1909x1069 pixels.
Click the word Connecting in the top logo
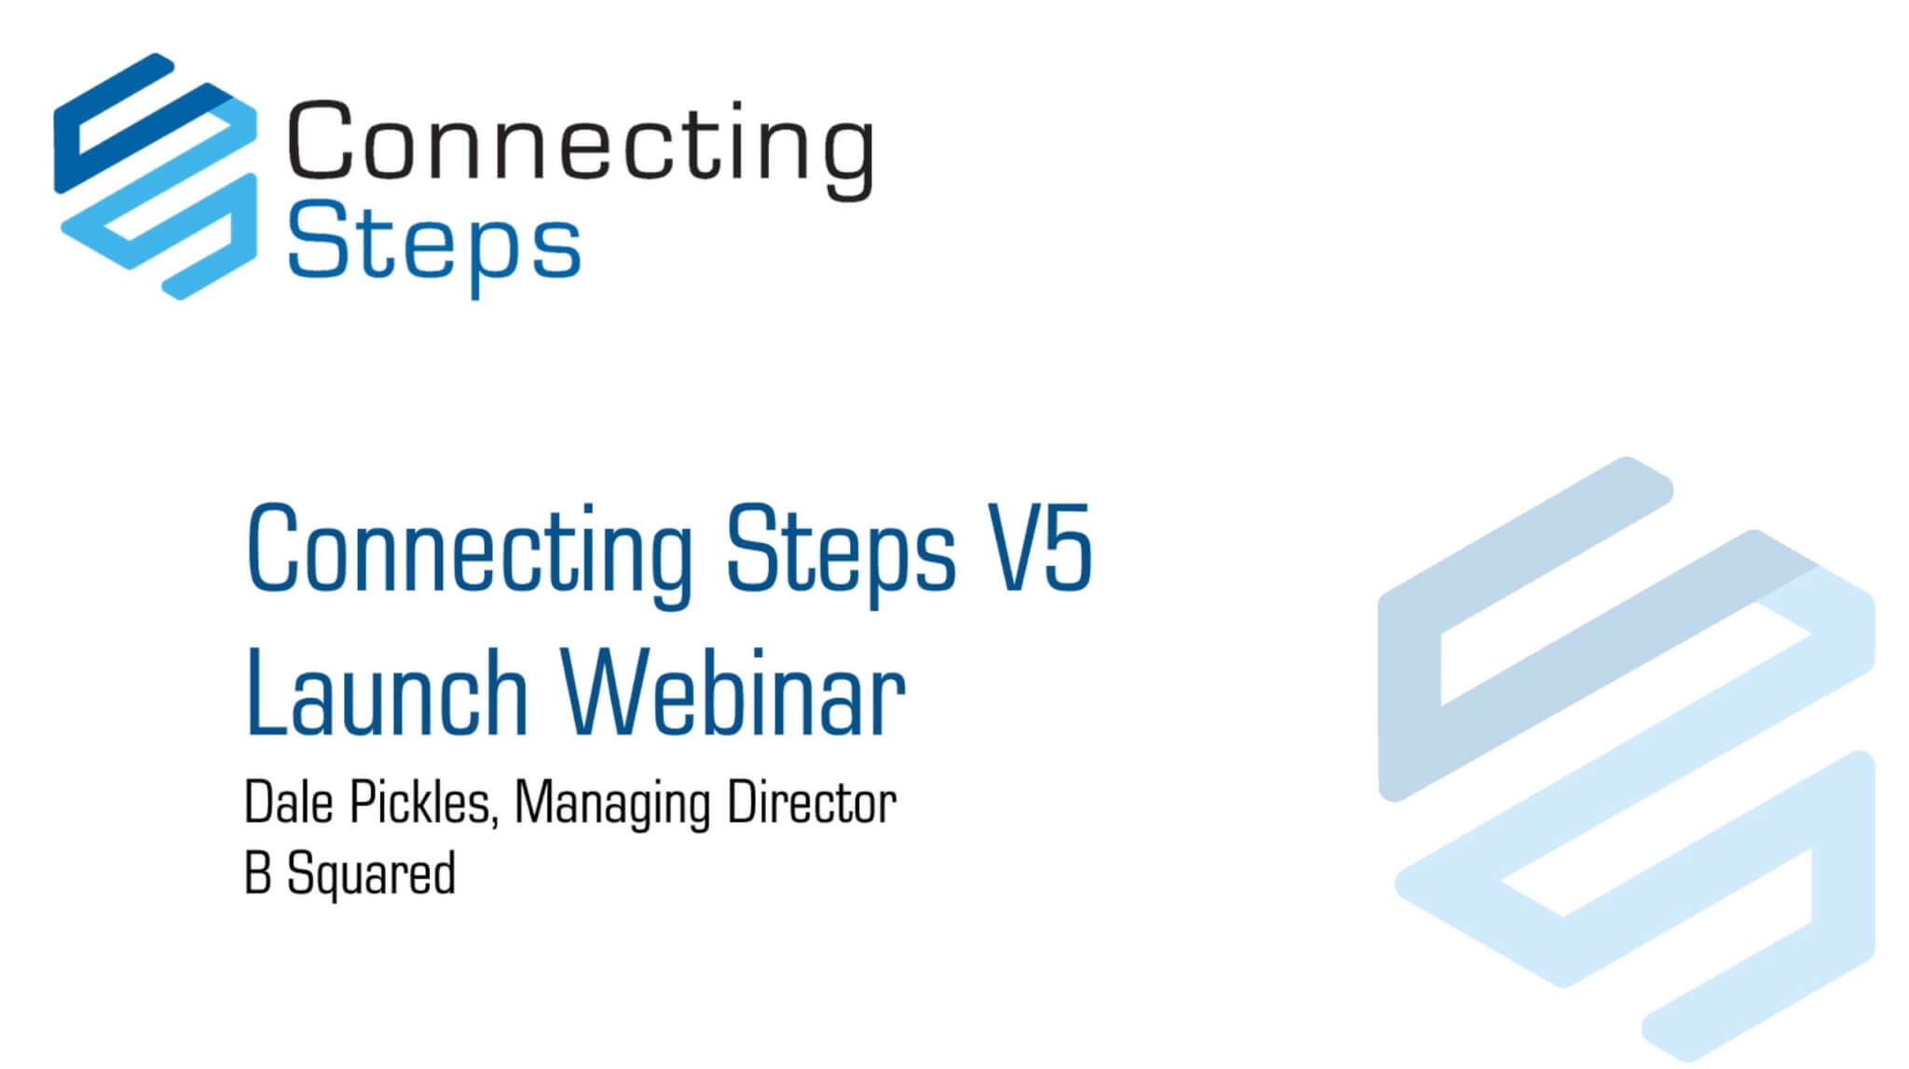click(580, 144)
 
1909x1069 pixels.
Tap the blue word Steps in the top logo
click(433, 244)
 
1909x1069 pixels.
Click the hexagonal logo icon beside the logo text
click(156, 176)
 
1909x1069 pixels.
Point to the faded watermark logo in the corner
click(1627, 755)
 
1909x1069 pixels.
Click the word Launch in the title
click(387, 693)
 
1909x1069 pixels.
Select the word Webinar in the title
click(733, 693)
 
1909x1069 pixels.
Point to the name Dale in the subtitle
click(288, 802)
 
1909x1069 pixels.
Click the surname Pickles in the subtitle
click(422, 802)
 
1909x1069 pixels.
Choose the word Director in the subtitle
click(811, 802)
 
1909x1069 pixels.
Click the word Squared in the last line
click(371, 875)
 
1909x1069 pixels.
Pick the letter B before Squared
click(257, 874)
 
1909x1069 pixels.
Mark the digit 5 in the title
click(1067, 549)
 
